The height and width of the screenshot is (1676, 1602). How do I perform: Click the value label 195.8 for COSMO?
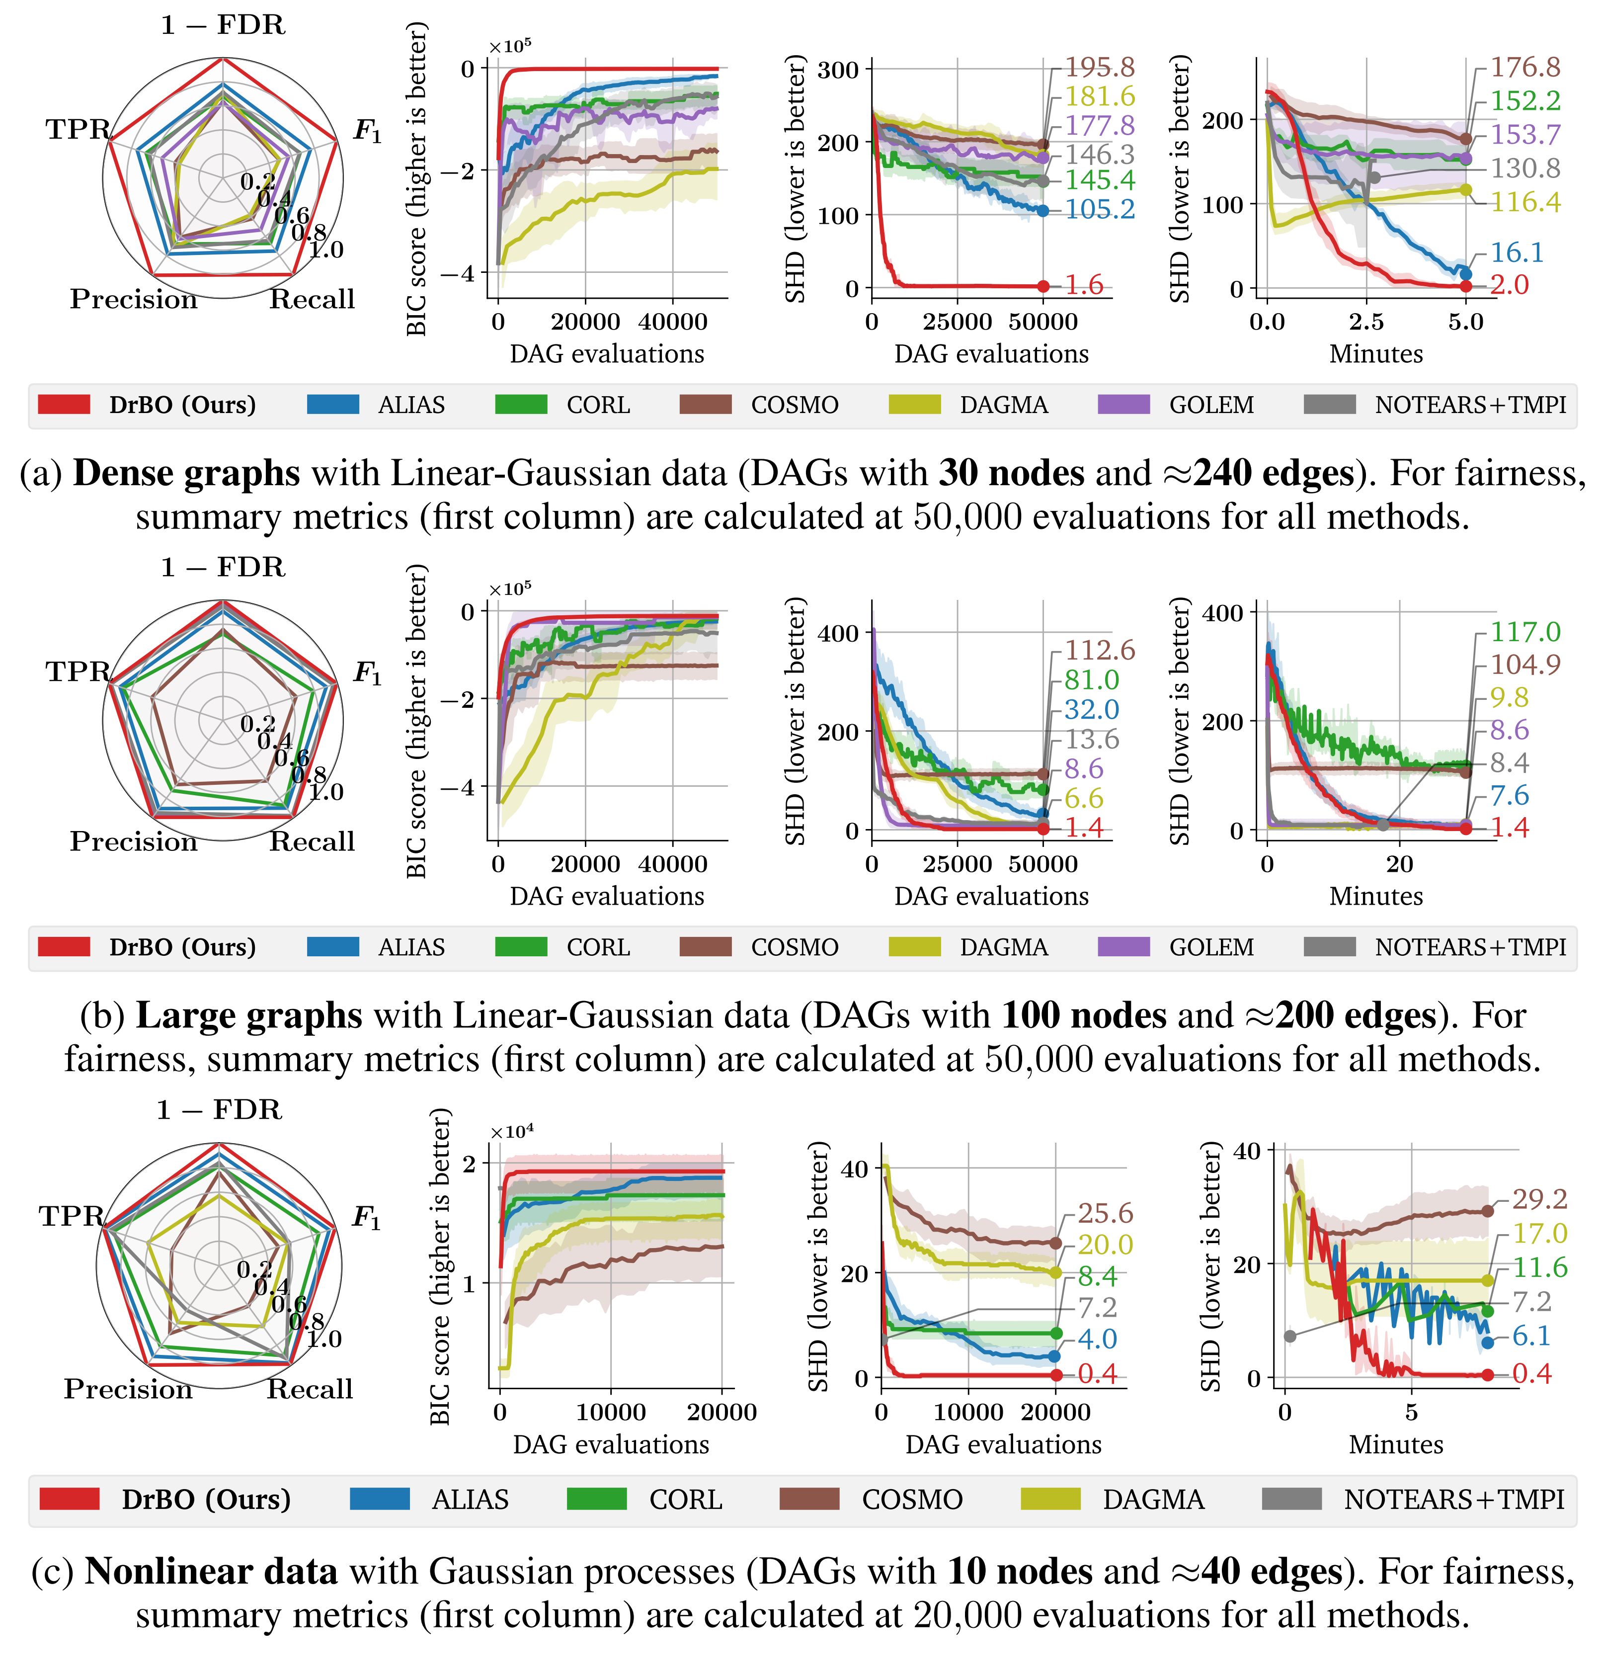coord(1100,68)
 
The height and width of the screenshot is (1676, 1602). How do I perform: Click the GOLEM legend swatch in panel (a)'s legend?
coord(1124,404)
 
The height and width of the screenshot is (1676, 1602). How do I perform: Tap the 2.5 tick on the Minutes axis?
coord(1366,322)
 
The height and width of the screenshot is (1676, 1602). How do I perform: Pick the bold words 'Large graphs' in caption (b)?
coord(248,1015)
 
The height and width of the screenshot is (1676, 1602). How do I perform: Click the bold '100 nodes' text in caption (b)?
coord(1084,1015)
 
